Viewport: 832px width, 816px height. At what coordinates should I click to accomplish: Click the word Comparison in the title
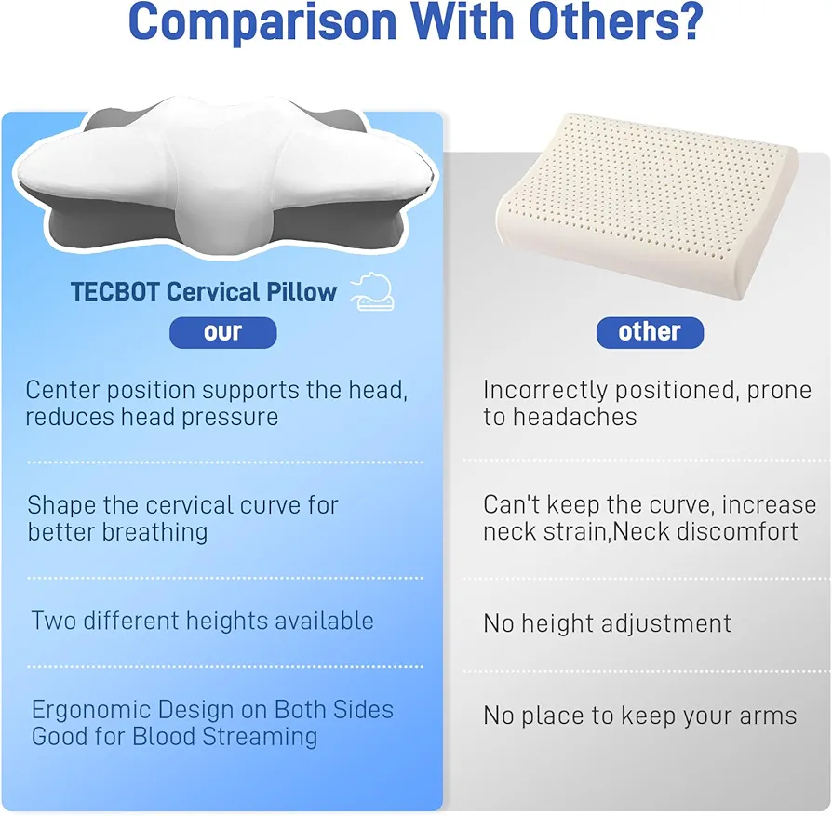262,22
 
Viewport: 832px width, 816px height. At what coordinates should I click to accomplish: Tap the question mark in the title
690,20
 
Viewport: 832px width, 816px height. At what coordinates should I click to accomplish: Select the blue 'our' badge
222,333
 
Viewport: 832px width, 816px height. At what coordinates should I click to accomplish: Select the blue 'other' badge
650,333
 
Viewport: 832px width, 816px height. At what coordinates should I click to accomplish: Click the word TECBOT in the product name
115,292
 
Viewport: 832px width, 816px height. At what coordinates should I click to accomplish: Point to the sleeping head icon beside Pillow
372,292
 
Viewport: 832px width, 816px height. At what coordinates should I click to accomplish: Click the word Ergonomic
90,711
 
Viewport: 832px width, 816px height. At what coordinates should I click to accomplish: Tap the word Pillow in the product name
302,292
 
